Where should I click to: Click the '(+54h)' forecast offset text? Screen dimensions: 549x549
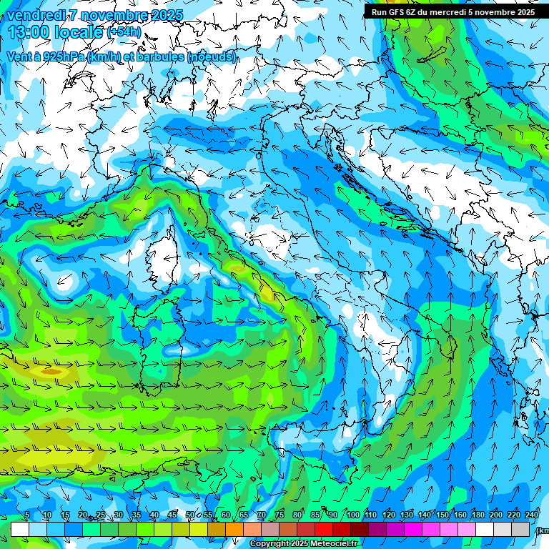124,32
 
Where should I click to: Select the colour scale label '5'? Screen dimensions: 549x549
27,515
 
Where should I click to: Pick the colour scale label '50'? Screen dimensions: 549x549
190,515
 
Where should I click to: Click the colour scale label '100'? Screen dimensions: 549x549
353,515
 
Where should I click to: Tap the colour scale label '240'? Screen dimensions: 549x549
532,515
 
